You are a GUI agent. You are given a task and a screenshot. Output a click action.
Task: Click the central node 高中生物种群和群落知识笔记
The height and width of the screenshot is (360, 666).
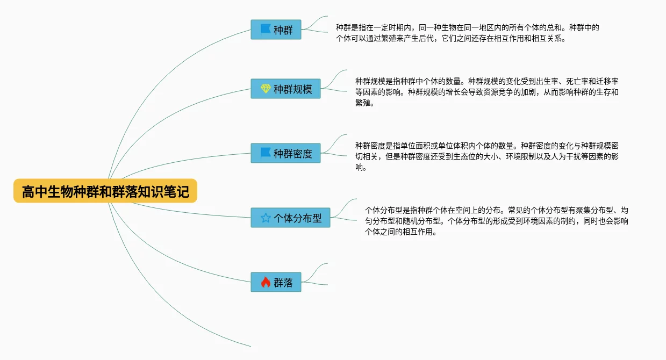pyautogui.click(x=105, y=191)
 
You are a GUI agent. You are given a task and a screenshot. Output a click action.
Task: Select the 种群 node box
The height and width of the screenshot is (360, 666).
pyautogui.click(x=276, y=30)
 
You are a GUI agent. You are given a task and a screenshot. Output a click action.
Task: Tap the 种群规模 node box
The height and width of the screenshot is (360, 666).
pyautogui.click(x=285, y=89)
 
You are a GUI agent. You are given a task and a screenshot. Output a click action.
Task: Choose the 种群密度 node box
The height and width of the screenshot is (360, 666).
pyautogui.click(x=285, y=153)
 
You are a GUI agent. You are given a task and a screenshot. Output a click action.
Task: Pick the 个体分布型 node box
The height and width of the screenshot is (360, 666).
pyautogui.click(x=290, y=218)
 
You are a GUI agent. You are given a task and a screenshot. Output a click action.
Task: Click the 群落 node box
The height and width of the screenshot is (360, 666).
pyautogui.click(x=276, y=282)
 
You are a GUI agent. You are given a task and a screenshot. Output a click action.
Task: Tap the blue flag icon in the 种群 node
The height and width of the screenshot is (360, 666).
pyautogui.click(x=266, y=30)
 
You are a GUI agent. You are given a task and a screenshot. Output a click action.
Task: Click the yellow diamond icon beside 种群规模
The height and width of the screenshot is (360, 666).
pyautogui.click(x=266, y=89)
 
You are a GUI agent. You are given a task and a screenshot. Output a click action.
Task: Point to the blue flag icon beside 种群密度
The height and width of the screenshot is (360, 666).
pyautogui.click(x=266, y=153)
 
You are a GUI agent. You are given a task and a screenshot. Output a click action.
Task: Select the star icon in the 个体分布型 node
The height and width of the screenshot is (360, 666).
pyautogui.click(x=266, y=218)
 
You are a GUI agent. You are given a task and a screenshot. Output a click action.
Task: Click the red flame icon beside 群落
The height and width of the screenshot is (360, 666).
pyautogui.click(x=266, y=282)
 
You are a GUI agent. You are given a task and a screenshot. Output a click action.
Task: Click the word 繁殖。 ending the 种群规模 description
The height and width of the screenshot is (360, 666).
pyautogui.click(x=364, y=103)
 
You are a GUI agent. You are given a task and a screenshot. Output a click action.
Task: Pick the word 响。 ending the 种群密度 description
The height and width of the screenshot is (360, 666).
pyautogui.click(x=361, y=168)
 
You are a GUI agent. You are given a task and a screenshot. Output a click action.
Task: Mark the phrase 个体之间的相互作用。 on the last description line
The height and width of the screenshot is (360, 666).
pyautogui.click(x=400, y=232)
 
